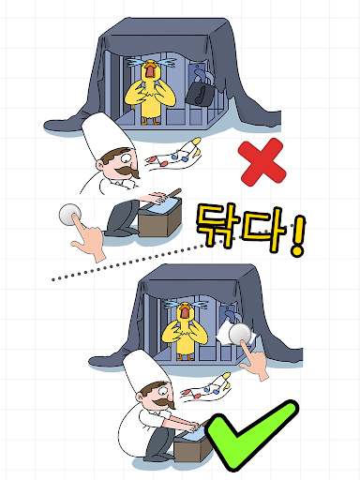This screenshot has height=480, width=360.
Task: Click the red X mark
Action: click(262, 162)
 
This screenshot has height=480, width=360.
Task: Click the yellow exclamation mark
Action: click(297, 235)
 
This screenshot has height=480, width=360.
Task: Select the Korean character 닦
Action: click(217, 225)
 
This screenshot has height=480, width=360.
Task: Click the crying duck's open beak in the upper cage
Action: click(150, 70)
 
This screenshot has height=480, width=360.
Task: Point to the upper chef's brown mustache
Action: click(127, 172)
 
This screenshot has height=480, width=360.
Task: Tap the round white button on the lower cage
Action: click(240, 334)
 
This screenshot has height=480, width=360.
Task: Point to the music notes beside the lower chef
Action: click(206, 387)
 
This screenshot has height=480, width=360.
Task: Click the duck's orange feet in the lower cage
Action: click(185, 357)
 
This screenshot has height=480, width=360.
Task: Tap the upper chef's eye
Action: click(127, 157)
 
